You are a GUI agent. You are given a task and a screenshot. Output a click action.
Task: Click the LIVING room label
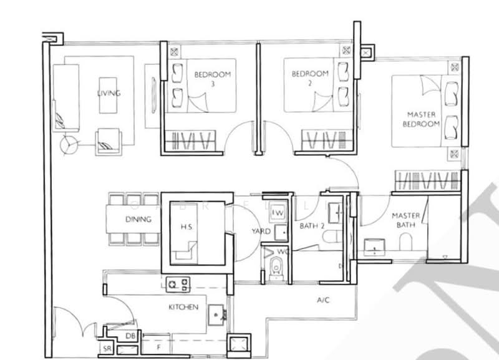[109, 94]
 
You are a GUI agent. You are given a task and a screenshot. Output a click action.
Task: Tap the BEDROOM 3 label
[213, 79]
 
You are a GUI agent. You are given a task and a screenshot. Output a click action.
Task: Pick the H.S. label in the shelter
[186, 227]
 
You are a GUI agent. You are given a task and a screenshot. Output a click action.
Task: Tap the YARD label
[261, 231]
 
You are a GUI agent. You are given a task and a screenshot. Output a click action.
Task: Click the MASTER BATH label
[406, 221]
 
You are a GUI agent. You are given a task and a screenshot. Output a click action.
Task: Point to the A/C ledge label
[322, 301]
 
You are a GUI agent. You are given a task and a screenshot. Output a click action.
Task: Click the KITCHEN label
[183, 307]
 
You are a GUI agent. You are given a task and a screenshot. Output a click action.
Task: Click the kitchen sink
[216, 314]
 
